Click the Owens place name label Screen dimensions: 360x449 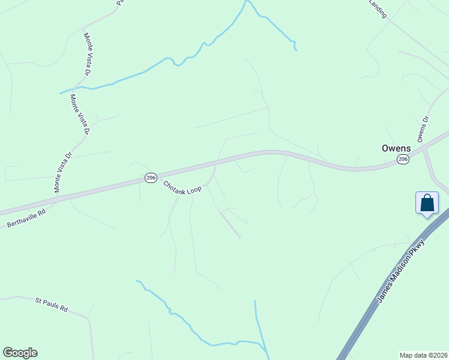pos(396,148)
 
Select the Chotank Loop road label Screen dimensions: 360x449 pos(182,187)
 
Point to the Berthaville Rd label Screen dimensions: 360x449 pos(26,218)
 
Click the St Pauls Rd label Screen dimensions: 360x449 pos(51,304)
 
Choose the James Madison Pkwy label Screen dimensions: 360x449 pos(401,271)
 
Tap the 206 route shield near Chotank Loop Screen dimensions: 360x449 pos(151,178)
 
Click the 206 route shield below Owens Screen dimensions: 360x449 pos(403,159)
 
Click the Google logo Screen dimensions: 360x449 pos(20,353)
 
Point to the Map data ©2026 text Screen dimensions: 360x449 pos(424,355)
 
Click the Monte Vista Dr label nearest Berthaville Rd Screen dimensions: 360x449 pos(62,172)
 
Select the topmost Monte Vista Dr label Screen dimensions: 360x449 pos(86,54)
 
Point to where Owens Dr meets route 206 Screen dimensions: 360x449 pos(421,146)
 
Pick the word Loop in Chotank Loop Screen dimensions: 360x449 pos(193,190)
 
